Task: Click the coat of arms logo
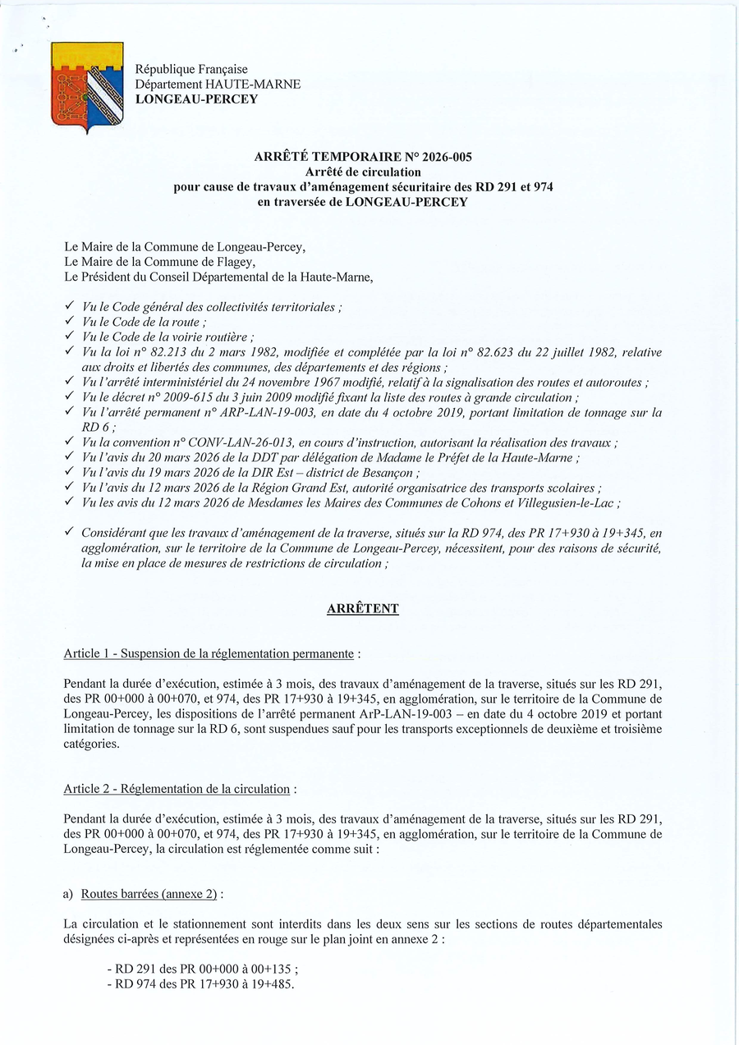tap(87, 86)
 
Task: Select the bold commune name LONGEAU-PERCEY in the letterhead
tap(196, 99)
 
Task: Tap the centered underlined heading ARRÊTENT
tap(362, 608)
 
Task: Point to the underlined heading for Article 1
tap(209, 654)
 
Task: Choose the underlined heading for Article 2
tap(177, 789)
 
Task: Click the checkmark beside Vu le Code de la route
tap(70, 322)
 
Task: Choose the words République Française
tap(191, 70)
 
